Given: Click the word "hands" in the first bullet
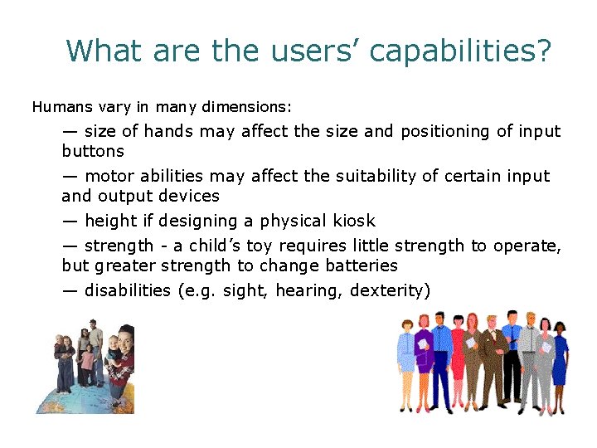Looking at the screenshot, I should click(x=169, y=131).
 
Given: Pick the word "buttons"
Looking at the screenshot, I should click(x=93, y=151).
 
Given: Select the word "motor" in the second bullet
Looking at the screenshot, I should click(x=109, y=176).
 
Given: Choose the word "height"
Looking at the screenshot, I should click(x=109, y=221).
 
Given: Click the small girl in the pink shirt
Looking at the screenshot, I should click(x=87, y=361).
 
